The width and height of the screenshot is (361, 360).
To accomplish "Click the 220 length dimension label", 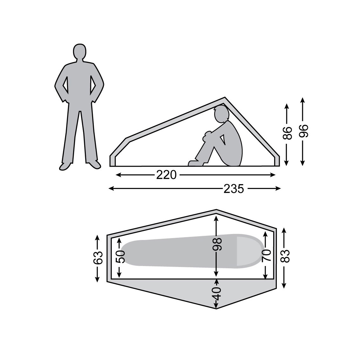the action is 166,175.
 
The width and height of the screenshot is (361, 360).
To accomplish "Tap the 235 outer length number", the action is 234,189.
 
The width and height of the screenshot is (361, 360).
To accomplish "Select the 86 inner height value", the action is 287,133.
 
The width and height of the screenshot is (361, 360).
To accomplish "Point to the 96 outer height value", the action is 303,131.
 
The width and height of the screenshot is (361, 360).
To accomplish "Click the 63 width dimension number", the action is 98,258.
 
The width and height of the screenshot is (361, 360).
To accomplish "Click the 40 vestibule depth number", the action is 216,294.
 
